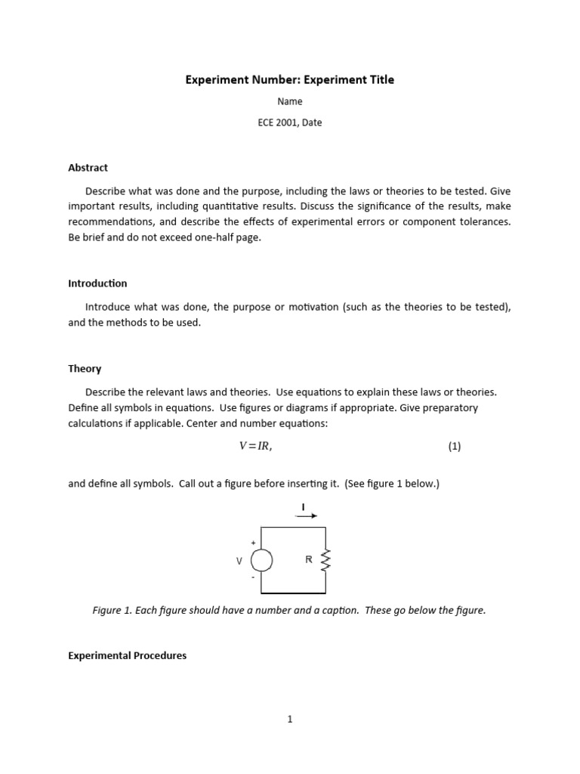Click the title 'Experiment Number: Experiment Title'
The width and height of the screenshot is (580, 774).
[x=290, y=79]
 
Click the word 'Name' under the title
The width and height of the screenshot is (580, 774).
[x=290, y=101]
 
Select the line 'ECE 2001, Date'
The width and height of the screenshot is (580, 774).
[x=290, y=122]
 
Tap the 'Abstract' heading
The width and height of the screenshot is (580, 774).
[x=88, y=168]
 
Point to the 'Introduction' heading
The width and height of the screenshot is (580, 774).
[x=97, y=283]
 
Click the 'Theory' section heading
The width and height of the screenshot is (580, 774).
[x=85, y=369]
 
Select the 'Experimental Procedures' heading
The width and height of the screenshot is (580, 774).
[x=127, y=655]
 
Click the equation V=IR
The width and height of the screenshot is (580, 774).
[x=255, y=446]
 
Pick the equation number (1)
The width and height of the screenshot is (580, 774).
[x=454, y=446]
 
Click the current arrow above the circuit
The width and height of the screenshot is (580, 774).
[x=306, y=515]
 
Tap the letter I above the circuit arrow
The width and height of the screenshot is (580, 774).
[x=304, y=506]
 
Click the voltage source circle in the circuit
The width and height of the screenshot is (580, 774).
[x=261, y=560]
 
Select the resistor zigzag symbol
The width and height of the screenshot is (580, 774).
[x=325, y=560]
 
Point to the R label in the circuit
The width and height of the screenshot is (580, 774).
[x=308, y=560]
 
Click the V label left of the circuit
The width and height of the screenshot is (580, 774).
[x=239, y=561]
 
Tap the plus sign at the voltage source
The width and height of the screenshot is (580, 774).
[x=253, y=543]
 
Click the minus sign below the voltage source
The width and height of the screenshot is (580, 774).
[x=253, y=577]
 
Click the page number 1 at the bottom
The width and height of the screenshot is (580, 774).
[x=290, y=719]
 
